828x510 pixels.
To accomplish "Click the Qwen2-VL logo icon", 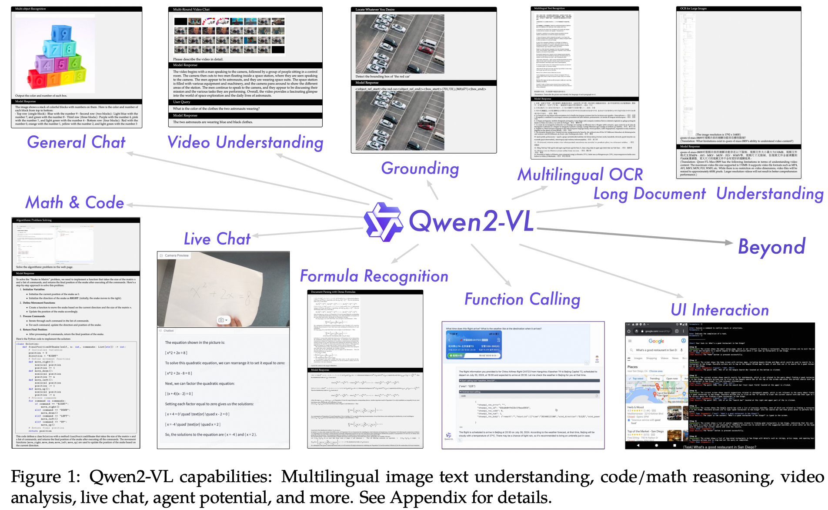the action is click(383, 221).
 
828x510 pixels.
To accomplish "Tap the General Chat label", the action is click(76, 142).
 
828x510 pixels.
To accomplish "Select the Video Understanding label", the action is click(245, 142).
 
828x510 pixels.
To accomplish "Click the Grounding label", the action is click(420, 168).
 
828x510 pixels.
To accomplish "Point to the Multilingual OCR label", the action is click(580, 174).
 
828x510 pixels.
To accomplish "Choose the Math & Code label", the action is click(75, 202).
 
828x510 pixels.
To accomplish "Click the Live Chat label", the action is click(217, 239).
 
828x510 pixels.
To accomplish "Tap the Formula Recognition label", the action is click(374, 276).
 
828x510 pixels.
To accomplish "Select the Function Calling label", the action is click(522, 299).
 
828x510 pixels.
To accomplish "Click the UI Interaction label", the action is click(720, 310).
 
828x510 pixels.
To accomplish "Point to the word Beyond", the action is click(772, 247).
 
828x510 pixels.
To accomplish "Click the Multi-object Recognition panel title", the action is click(30, 9).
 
